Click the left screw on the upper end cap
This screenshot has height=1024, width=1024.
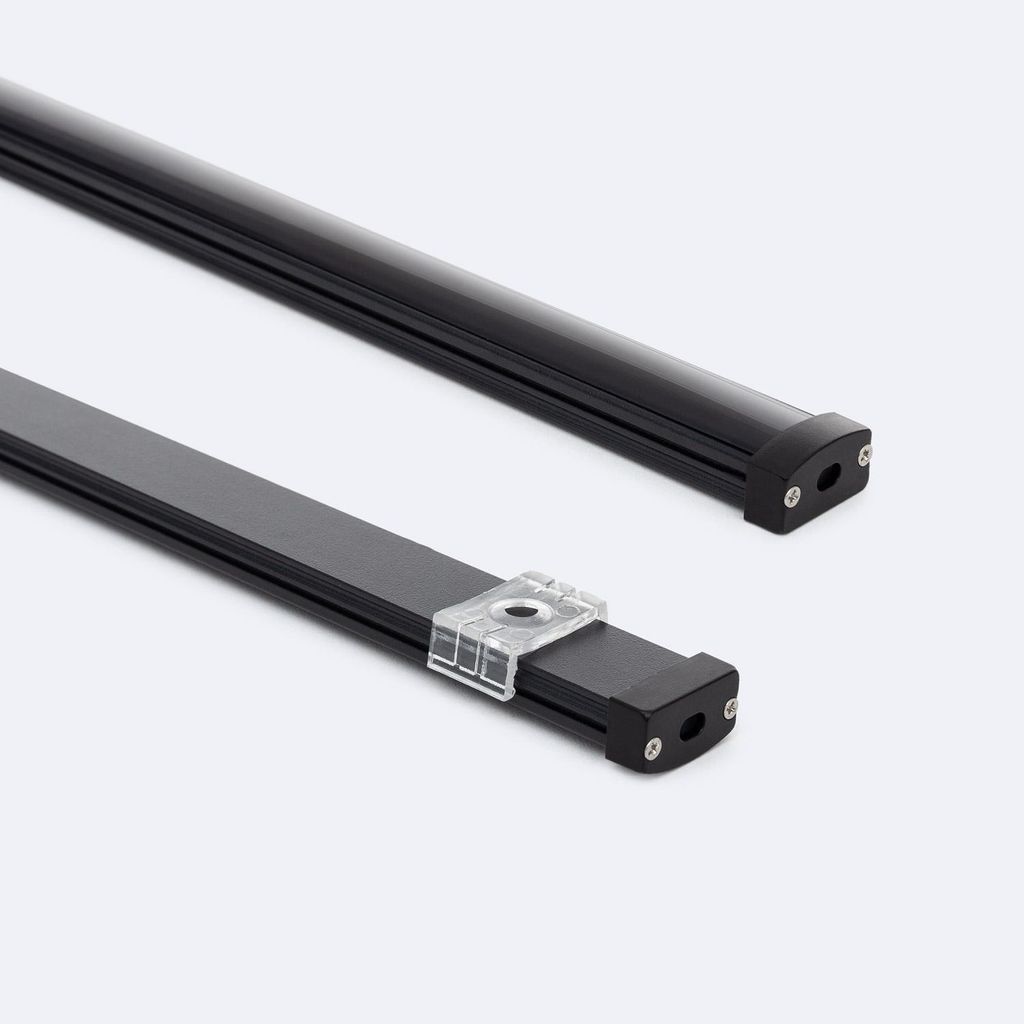pyautogui.click(x=792, y=493)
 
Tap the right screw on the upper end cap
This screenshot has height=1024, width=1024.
pyautogui.click(x=864, y=454)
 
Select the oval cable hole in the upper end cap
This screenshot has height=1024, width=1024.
pyautogui.click(x=828, y=477)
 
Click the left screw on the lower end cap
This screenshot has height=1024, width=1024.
pyautogui.click(x=653, y=744)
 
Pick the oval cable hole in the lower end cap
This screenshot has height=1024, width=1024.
pyautogui.click(x=691, y=728)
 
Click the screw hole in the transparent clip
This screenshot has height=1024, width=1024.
pyautogui.click(x=518, y=609)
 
